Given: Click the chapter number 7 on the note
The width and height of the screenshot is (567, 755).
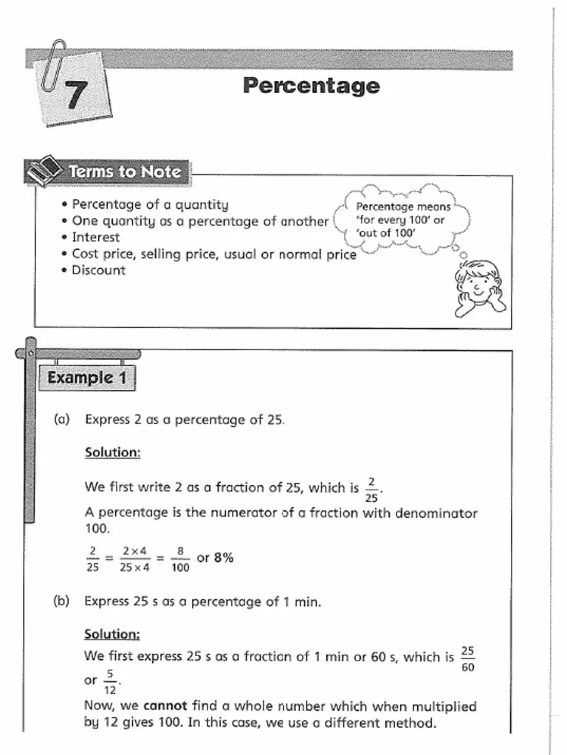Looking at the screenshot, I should tap(75, 95).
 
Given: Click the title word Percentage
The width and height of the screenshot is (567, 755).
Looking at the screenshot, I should tap(311, 86).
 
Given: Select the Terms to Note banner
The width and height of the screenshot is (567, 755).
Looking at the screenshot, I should tap(124, 172).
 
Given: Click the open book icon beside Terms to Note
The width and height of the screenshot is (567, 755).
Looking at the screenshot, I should tap(45, 173).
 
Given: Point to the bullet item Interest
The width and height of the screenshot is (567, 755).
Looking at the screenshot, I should tap(95, 237).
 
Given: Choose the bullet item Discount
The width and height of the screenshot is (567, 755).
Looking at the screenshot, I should tap(98, 270).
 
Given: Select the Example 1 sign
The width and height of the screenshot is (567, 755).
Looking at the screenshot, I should tap(87, 378).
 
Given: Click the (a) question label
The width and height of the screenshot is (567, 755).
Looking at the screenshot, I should tap(61, 420).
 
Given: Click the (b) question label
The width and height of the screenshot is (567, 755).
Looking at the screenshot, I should tap(61, 601).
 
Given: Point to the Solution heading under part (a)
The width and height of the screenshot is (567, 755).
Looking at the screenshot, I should tap(112, 452).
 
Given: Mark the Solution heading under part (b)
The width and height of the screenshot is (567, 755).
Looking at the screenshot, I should tap(111, 634).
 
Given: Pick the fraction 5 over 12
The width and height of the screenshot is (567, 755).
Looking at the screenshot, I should tap(109, 681).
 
